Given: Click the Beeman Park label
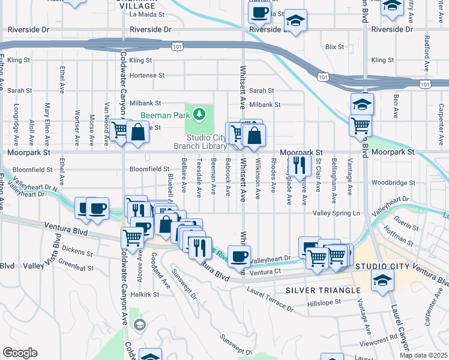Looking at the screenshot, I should click(166, 115).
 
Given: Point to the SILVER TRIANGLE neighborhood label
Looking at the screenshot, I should click(316, 290).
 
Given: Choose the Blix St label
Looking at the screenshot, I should click(334, 46).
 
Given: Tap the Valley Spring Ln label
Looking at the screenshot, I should click(336, 213).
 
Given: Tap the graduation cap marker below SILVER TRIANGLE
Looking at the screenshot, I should click(382, 280).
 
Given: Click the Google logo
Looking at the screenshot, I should click(20, 353).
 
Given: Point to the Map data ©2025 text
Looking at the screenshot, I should click(423, 355).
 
